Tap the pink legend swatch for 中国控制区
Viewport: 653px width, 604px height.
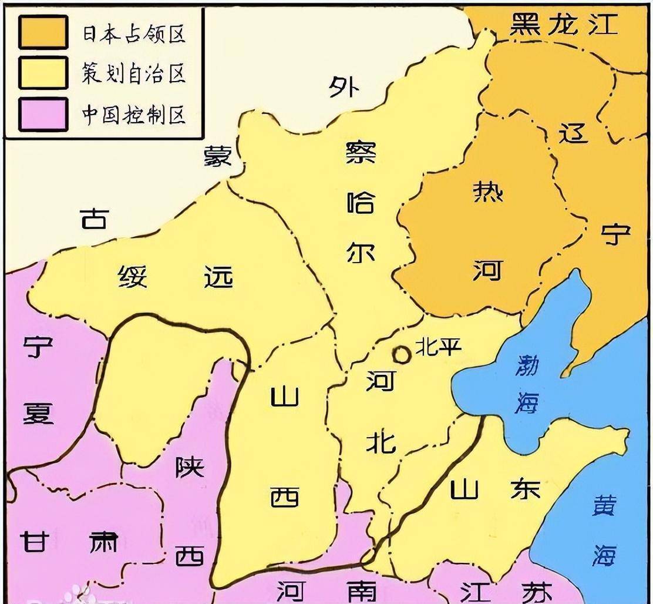[42, 114]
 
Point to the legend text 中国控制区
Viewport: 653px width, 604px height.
[133, 115]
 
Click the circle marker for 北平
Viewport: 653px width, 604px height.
[402, 354]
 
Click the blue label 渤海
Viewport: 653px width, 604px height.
[527, 385]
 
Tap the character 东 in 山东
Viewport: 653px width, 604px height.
[524, 489]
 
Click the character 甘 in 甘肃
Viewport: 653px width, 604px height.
[35, 541]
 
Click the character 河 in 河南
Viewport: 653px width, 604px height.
[291, 590]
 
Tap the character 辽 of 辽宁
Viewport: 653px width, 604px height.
[573, 133]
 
